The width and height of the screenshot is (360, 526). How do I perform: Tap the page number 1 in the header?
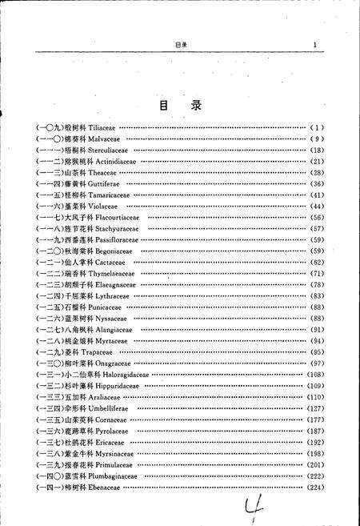click(x=316, y=45)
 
